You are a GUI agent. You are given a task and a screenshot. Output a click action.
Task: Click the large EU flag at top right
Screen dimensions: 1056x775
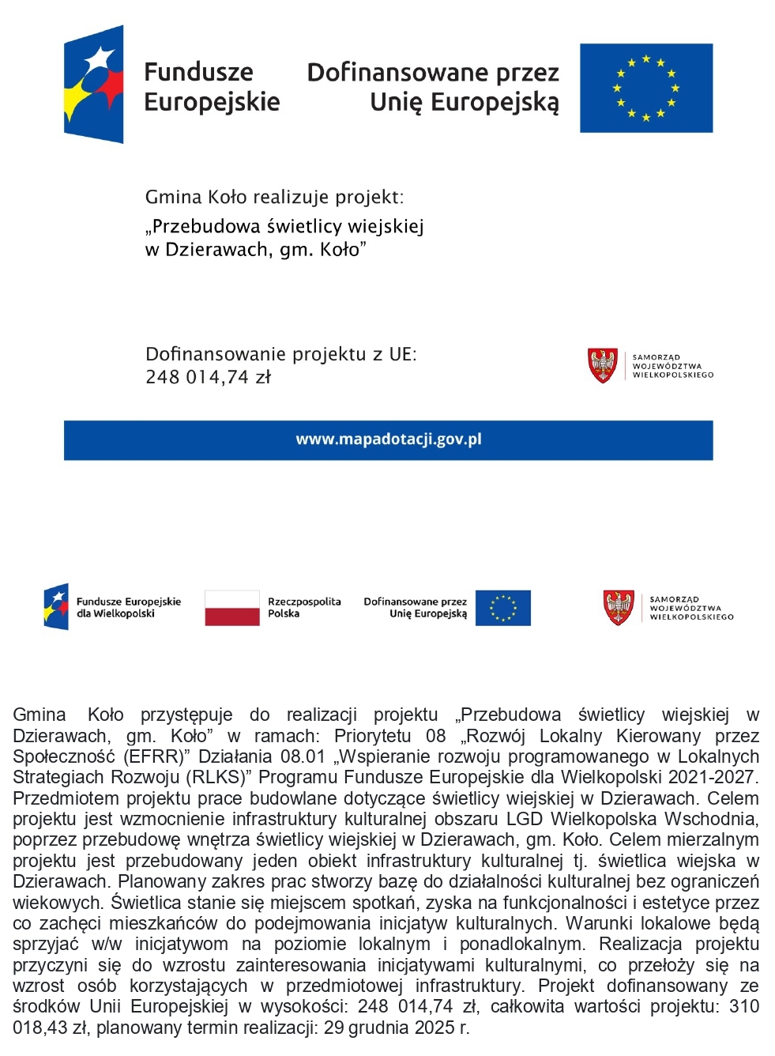pos(645,88)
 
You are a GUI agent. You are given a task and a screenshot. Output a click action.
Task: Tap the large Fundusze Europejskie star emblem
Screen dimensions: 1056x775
pos(94,85)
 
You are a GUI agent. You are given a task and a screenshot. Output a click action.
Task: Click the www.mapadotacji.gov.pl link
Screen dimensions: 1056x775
pos(388,439)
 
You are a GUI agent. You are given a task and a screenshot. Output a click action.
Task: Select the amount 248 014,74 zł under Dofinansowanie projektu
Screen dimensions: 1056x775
pos(208,378)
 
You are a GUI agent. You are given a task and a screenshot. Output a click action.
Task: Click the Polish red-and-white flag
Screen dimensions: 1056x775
pos(231,608)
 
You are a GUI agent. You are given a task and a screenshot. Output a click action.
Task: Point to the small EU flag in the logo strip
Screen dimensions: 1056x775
pos(502,608)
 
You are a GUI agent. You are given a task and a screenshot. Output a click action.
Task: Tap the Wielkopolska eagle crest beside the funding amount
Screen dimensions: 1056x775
pos(603,366)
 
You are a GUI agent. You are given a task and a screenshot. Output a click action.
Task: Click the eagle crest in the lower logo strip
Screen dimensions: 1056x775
pos(619,608)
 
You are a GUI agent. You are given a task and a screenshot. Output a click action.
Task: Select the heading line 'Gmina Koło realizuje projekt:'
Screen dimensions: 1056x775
pos(274,197)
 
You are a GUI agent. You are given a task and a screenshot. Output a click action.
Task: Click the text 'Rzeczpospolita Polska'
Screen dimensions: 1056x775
pos(304,607)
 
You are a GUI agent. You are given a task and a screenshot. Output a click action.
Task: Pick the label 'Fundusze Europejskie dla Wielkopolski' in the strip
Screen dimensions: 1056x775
pos(128,607)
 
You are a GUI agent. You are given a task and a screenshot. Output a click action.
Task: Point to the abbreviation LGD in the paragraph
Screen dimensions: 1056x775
pos(525,819)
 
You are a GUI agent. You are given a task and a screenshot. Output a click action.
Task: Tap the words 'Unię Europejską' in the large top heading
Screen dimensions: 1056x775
pos(464,103)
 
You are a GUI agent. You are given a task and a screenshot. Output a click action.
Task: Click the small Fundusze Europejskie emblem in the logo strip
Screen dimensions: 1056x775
pos(55,607)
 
